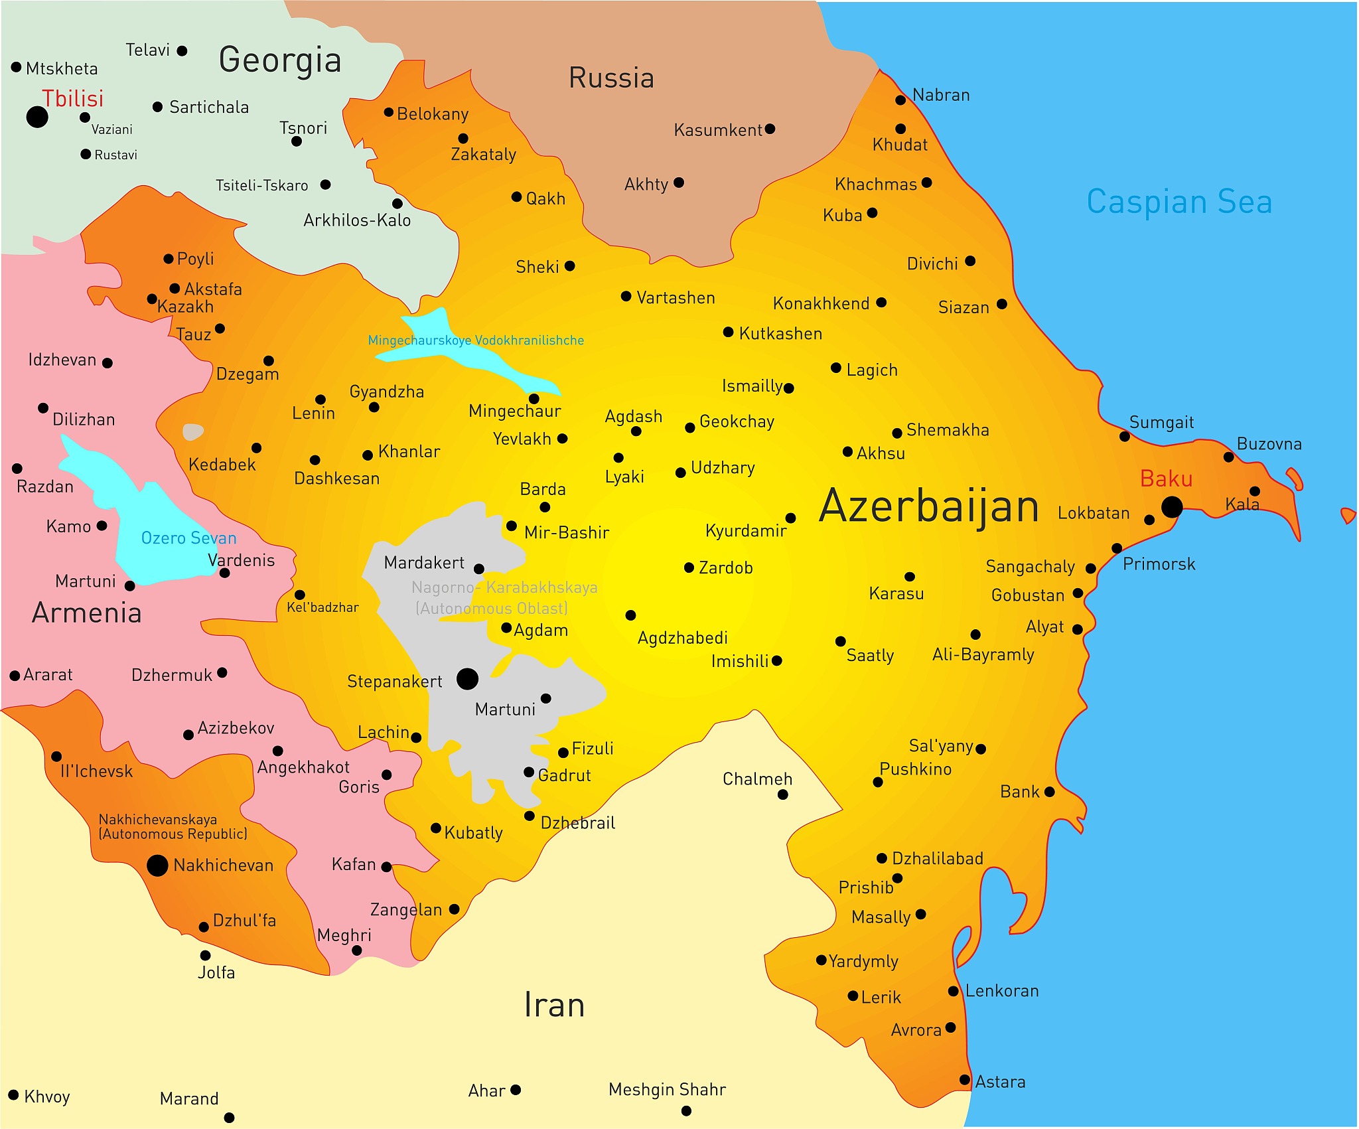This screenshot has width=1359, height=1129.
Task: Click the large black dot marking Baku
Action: click(x=1172, y=507)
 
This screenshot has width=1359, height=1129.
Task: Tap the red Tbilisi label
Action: click(x=73, y=98)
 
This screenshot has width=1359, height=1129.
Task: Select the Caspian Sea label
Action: click(x=1179, y=202)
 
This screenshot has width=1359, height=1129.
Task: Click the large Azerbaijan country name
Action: click(x=929, y=506)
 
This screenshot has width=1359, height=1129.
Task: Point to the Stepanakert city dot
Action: click(x=467, y=679)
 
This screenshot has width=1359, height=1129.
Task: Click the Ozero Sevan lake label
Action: click(x=188, y=538)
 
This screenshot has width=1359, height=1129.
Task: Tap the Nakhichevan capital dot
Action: click(x=157, y=866)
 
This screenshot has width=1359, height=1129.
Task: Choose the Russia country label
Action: click(x=611, y=78)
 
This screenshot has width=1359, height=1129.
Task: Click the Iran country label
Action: click(x=554, y=1005)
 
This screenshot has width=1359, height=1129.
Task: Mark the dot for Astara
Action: click(x=966, y=1080)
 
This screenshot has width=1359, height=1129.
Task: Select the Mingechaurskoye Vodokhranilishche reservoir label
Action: click(x=476, y=340)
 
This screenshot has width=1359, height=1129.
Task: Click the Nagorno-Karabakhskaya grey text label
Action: click(x=504, y=588)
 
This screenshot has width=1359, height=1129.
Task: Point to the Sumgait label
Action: click(x=1161, y=422)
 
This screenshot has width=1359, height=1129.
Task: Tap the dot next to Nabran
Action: click(x=900, y=100)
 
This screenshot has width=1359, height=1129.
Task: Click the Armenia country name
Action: click(x=87, y=613)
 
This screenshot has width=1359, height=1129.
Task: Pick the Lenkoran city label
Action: click(x=1001, y=991)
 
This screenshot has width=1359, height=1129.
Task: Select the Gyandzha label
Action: click(x=387, y=392)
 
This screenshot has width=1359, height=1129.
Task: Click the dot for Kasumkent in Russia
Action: click(x=770, y=129)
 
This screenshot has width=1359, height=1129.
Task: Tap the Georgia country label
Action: click(x=280, y=60)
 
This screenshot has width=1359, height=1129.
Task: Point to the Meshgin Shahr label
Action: click(x=667, y=1089)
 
